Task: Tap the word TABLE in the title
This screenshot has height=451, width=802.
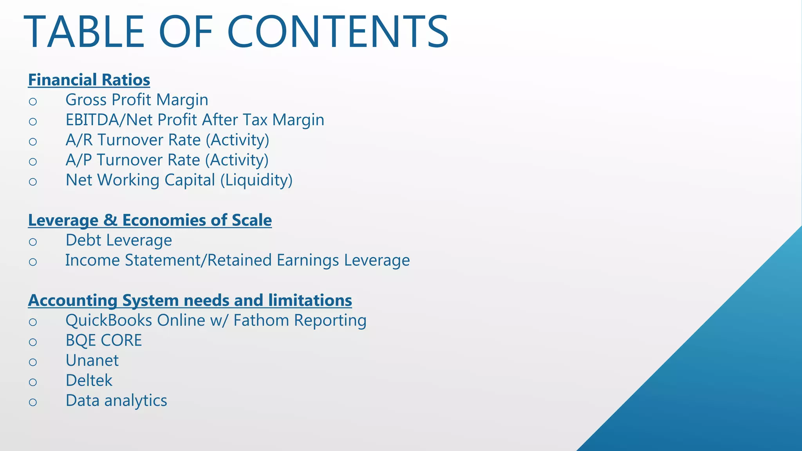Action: tap(84, 32)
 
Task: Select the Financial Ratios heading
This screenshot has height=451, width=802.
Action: tap(89, 80)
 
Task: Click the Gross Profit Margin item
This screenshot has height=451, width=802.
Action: tap(137, 100)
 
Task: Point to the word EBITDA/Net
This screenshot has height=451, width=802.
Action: tap(103, 120)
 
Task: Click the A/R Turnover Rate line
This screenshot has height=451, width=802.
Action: tap(167, 140)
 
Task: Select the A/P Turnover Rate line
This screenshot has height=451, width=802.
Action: tap(167, 160)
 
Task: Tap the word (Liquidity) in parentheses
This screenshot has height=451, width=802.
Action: tap(256, 180)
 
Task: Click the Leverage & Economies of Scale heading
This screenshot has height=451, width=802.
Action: tap(150, 220)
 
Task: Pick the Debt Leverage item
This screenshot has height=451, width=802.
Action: tap(119, 240)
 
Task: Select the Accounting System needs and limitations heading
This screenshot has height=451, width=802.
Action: tap(190, 300)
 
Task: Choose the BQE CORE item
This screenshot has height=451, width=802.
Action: tap(103, 341)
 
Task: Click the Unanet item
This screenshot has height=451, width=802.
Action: tap(92, 361)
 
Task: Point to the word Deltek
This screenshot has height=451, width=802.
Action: tap(89, 381)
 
